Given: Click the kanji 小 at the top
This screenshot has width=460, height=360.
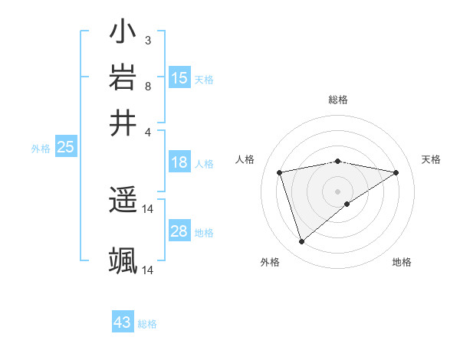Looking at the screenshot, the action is pos(123,34).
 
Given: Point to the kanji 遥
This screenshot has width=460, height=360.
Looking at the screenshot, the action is pos(123,201).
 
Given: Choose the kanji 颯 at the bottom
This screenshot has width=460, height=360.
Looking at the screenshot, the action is pos(123,260).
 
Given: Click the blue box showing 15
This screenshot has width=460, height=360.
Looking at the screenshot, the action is pos(179,78).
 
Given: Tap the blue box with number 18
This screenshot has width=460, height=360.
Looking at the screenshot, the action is pos(179,162).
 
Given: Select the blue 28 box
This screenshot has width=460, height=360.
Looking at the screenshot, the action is pos(179,231).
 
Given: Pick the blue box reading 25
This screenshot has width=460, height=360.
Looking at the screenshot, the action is pos(66,147).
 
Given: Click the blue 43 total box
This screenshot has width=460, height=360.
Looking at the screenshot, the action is pos(123,322).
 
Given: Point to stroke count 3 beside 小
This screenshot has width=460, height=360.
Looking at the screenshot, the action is pos(147,40).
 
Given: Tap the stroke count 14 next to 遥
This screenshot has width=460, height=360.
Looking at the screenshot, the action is pos(148,208).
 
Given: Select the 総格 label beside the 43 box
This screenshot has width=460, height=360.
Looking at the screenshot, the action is pos(147,324).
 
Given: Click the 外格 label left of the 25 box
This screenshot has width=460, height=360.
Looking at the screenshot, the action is pos(41,149).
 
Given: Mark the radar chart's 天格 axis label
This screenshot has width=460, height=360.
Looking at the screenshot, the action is pos(431,159).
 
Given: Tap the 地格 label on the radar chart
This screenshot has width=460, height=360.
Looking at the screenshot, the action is pos(402,262).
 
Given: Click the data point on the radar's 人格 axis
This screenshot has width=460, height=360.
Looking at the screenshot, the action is pos(280,172).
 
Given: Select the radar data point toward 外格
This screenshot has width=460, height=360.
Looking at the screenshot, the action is pos(302,242).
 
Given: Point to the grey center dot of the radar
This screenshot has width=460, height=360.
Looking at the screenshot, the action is pos(338,191).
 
